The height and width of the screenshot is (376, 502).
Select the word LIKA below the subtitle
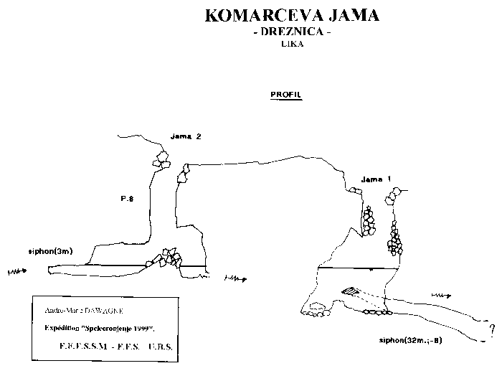pos(292,45)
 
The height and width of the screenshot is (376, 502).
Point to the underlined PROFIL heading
pos(285,95)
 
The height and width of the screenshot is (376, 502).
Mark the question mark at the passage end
pos(492,330)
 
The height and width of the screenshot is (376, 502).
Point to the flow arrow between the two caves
pos(236,278)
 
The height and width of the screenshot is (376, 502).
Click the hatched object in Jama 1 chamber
pos(350,291)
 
